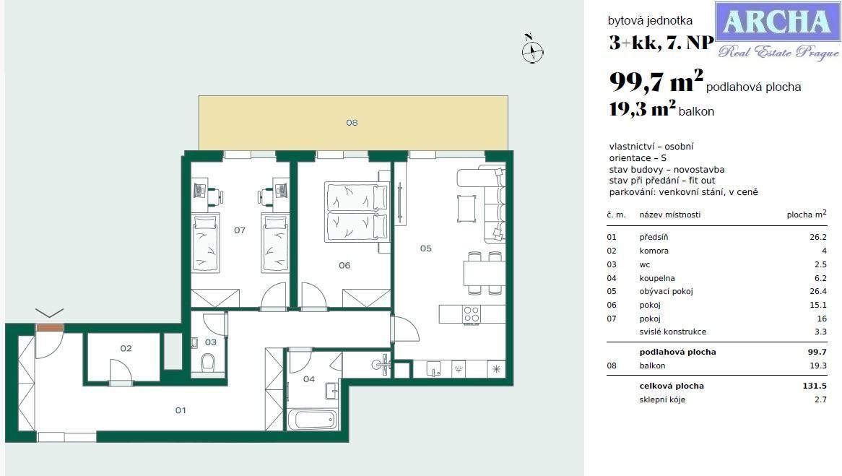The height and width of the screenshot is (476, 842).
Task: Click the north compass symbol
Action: (x=532, y=51)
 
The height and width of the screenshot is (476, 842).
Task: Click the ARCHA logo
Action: (x=777, y=30)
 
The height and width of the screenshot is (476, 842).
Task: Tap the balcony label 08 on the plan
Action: (x=352, y=123)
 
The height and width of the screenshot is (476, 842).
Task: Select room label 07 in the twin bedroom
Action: (x=240, y=230)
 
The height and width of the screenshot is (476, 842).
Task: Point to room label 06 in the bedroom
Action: (x=344, y=265)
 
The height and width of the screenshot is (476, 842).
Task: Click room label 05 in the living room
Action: (x=426, y=248)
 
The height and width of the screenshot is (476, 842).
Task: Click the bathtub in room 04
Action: (x=312, y=420)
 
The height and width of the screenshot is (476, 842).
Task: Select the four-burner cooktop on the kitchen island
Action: (x=471, y=314)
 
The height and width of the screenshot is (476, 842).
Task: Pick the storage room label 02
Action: (x=126, y=348)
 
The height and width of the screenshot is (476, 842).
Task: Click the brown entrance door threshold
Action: (x=49, y=327)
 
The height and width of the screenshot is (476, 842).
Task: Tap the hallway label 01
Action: (x=181, y=410)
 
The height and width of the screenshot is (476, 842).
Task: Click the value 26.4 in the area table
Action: (x=816, y=292)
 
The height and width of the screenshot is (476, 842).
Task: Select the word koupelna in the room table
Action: (x=656, y=278)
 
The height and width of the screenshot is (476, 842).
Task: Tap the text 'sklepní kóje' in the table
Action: (x=662, y=399)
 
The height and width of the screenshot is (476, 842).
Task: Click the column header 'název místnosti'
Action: (x=669, y=215)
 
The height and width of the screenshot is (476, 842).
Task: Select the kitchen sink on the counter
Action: (x=433, y=368)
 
